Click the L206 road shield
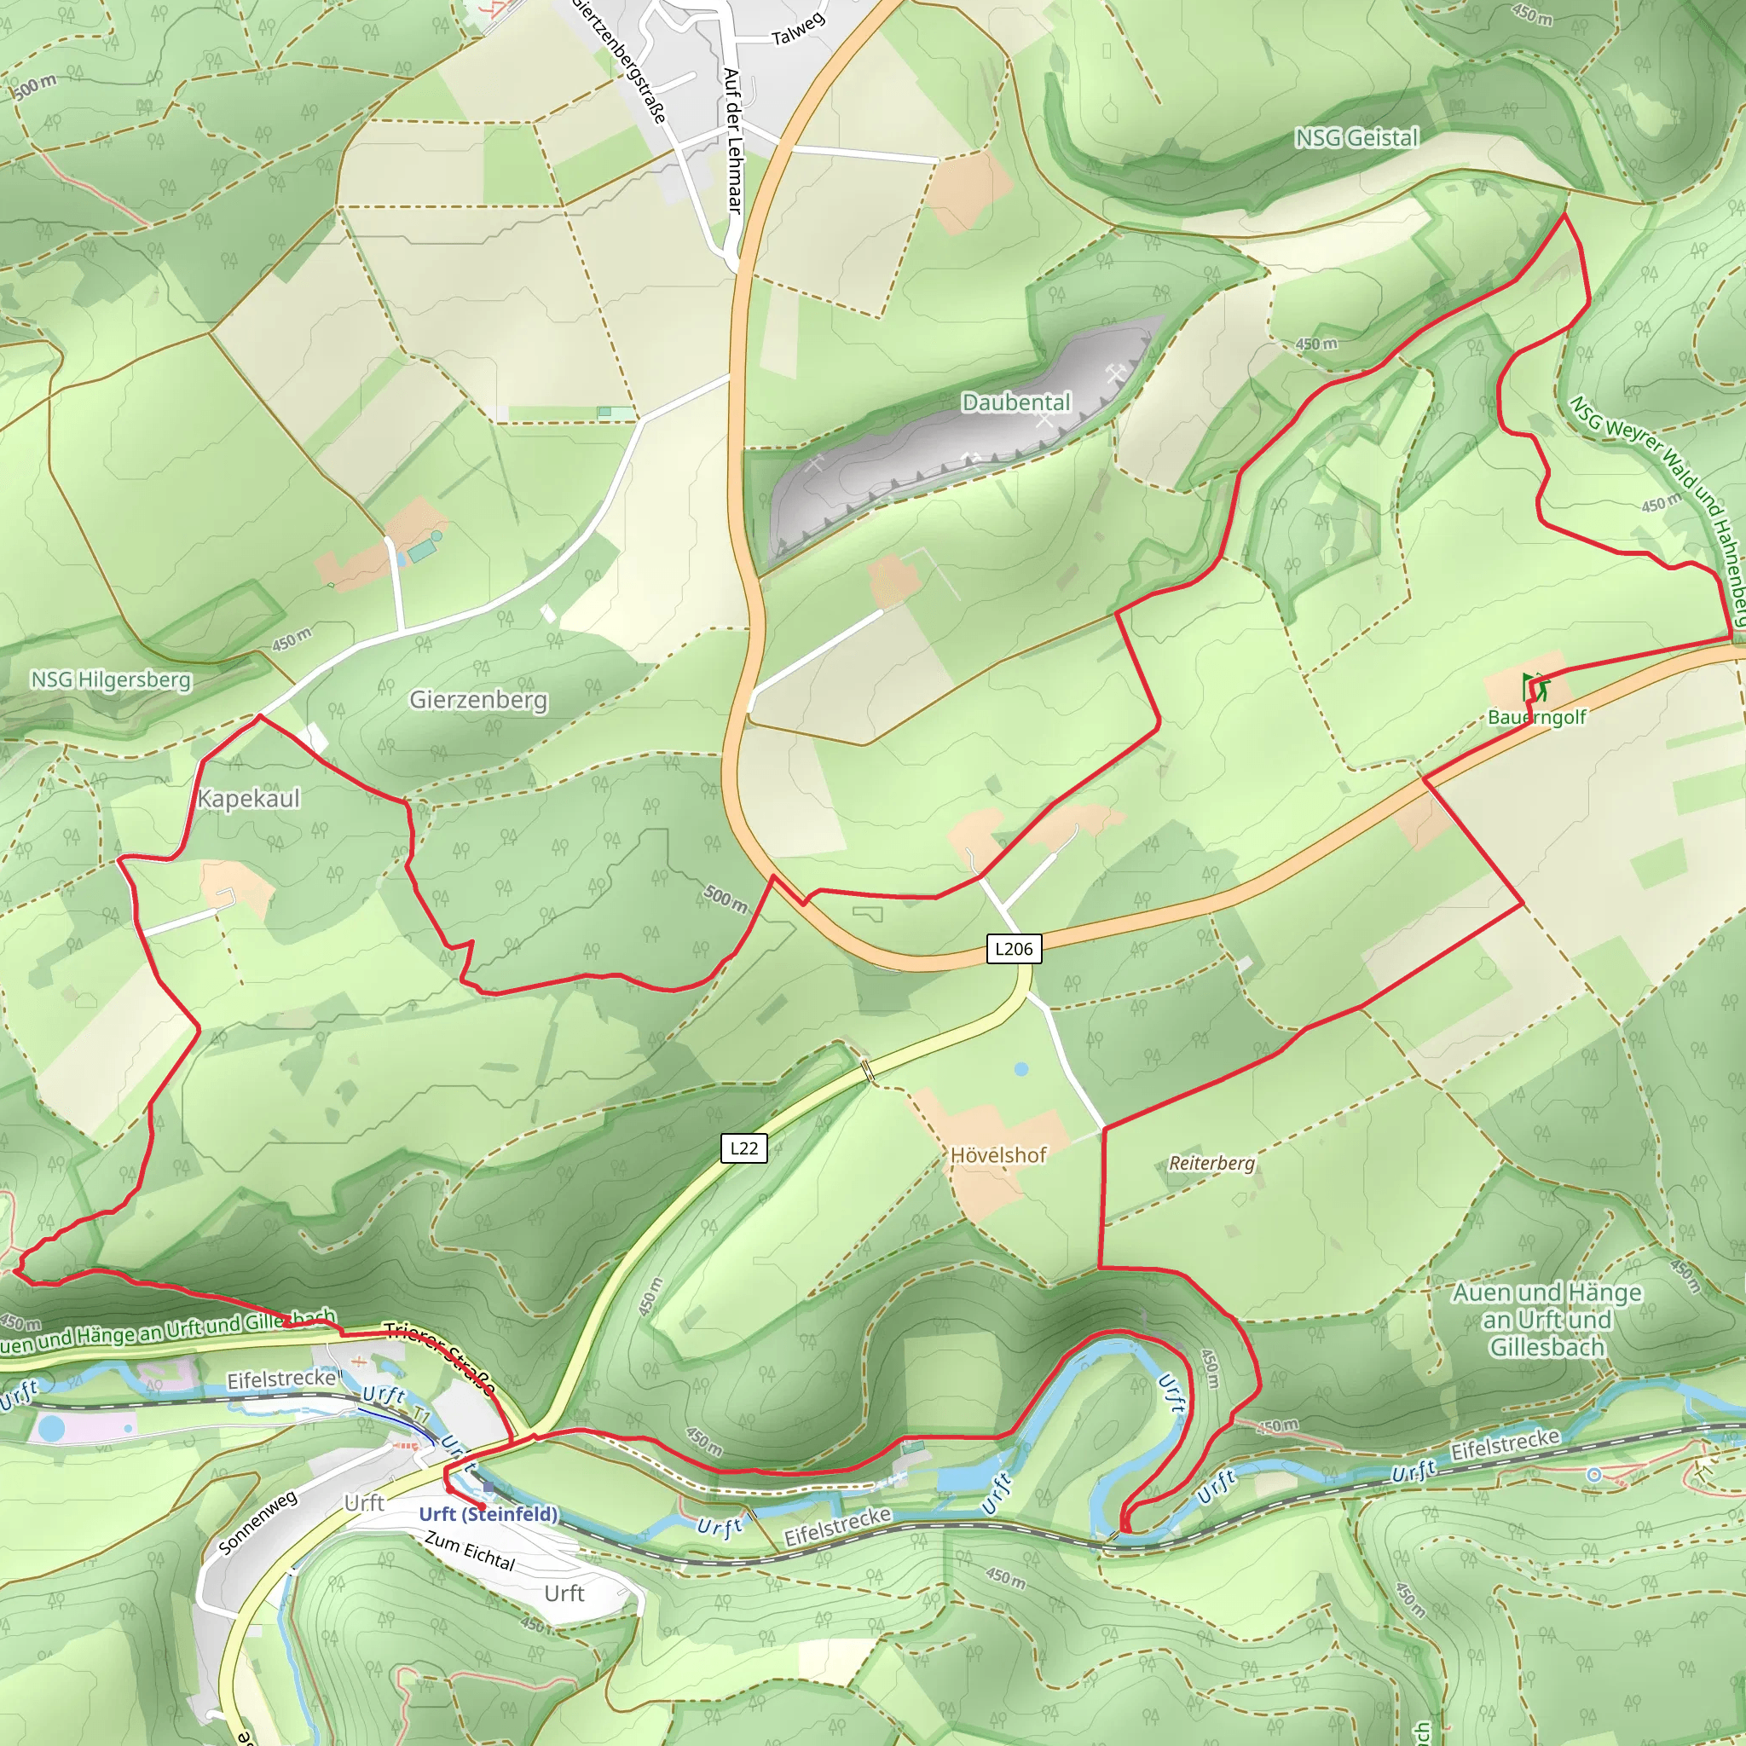1013,949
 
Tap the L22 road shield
743,1148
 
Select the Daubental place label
1015,402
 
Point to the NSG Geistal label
1356,138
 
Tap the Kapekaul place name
249,798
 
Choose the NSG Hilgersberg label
111,679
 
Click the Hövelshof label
998,1155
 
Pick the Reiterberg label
1212,1163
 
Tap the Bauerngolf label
1537,718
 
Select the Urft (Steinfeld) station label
489,1514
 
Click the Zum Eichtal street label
470,1551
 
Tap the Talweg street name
798,29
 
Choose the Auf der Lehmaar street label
733,142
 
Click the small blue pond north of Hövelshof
1021,1069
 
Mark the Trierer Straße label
440,1356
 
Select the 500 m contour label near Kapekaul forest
726,899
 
